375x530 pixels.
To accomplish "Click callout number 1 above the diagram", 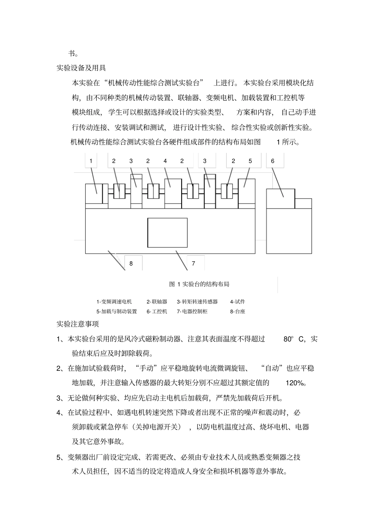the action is click(x=91, y=161).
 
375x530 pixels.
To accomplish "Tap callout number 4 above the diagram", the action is click(x=165, y=161).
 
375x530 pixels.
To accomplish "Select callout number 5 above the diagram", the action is click(x=250, y=161).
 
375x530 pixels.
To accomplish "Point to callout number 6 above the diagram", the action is click(x=272, y=161).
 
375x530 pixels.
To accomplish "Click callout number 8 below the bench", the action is click(x=131, y=264).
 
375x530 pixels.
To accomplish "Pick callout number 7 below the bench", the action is click(x=193, y=264).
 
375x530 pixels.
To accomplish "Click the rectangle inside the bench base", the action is click(x=167, y=232).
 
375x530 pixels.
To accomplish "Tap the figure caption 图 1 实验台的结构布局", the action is click(x=199, y=284).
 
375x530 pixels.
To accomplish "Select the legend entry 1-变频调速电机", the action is click(x=114, y=302).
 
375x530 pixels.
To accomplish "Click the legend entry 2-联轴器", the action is click(x=157, y=302).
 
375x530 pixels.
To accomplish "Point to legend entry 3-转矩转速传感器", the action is click(x=197, y=302).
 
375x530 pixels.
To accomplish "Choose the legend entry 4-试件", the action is click(x=238, y=302).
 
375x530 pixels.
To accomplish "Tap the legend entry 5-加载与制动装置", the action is click(x=116, y=311).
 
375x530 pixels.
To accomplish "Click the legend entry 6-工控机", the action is click(x=157, y=311).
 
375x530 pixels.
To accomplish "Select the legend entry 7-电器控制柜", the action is click(x=192, y=311).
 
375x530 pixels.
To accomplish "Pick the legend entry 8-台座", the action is click(x=238, y=311).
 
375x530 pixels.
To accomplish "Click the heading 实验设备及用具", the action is click(x=81, y=68).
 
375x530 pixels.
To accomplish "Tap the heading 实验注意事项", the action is click(x=78, y=324).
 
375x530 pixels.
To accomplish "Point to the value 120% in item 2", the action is click(x=295, y=383).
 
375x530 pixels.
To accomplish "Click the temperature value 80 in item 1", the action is click(x=288, y=339).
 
